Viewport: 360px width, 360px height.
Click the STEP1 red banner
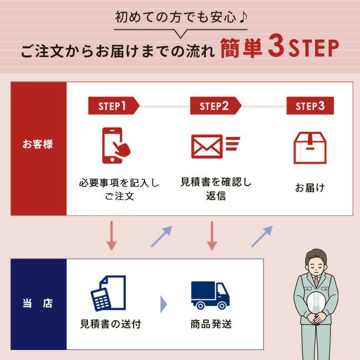point(112,106)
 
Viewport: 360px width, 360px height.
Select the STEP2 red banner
point(214,106)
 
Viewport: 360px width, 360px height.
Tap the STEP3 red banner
point(310,106)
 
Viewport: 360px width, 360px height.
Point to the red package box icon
point(310,147)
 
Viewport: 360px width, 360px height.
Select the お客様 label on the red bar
point(38,145)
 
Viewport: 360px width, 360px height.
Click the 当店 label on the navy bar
point(38,303)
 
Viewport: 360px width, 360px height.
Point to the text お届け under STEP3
point(310,188)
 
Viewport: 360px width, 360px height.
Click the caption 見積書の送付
point(111,324)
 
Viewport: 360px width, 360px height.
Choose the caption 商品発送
point(210,324)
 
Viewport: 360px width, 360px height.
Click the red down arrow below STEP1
point(111,235)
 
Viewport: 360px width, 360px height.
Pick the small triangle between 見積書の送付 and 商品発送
point(163,304)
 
